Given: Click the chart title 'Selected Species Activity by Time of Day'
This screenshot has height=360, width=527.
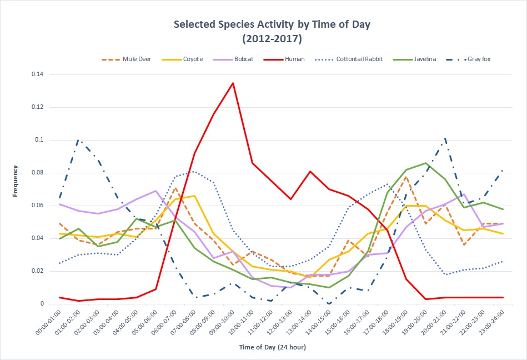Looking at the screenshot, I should click(x=272, y=24).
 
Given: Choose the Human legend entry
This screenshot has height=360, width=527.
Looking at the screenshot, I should click(x=294, y=59).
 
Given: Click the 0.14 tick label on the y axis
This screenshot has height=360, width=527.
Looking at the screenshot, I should click(x=38, y=74).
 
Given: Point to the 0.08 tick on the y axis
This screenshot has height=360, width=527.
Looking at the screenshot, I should click(x=38, y=173).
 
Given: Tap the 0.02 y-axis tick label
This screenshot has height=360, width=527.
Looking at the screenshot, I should click(x=38, y=271).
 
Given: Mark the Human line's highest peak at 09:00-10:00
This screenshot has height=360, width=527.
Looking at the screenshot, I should click(x=233, y=83).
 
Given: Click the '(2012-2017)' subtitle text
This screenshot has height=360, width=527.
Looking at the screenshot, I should click(x=272, y=39).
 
